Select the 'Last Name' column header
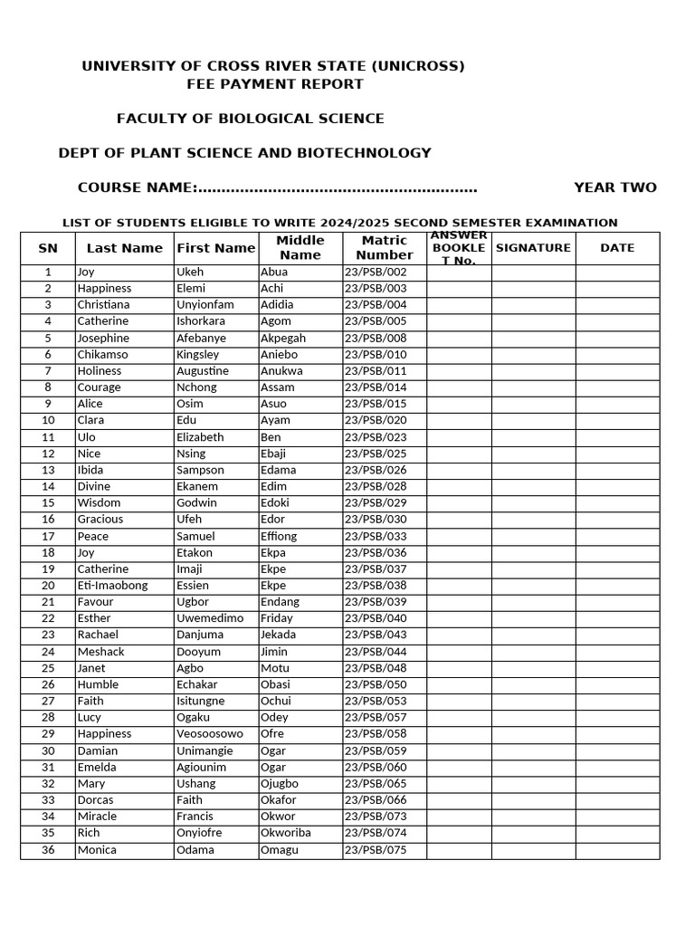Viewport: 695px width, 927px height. pos(124,248)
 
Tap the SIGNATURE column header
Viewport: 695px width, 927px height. pos(533,248)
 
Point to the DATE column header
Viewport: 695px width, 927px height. pos(617,248)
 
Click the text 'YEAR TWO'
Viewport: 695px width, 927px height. pos(614,187)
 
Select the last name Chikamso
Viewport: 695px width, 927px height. pos(102,355)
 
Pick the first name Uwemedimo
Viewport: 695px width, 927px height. pos(210,618)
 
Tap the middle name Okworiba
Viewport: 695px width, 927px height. pos(285,833)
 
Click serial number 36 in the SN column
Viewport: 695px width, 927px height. pos(48,850)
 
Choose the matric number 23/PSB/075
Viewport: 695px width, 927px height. pos(376,850)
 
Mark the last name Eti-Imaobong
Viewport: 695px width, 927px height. pos(112,586)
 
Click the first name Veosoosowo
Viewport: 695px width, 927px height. pos(210,734)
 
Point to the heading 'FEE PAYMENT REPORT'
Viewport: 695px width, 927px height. pos(275,84)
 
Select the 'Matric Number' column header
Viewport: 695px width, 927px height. pos(385,248)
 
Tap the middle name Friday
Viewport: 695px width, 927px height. pos(276,618)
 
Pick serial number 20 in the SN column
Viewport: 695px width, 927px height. pos(48,586)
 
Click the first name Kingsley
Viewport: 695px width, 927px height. pos(197,355)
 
